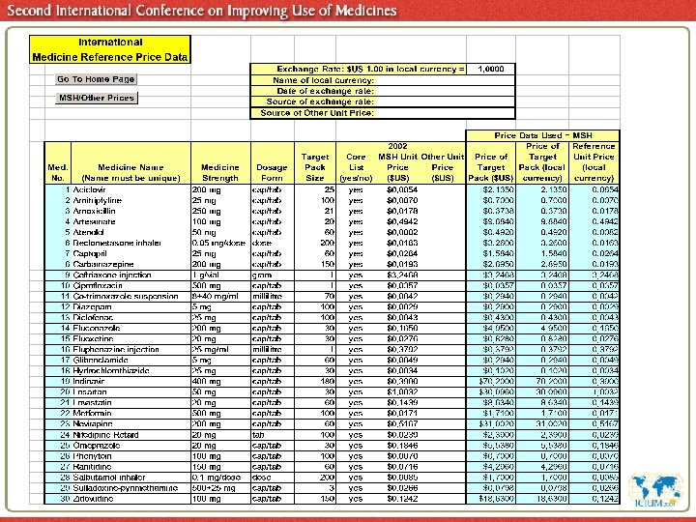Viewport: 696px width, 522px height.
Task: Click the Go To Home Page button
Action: (96, 79)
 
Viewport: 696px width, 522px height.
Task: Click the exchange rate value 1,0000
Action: (492, 70)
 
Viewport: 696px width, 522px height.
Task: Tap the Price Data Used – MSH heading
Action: (556, 136)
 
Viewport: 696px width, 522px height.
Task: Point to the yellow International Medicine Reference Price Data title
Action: (110, 50)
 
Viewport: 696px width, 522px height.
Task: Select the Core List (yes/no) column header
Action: (356, 166)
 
